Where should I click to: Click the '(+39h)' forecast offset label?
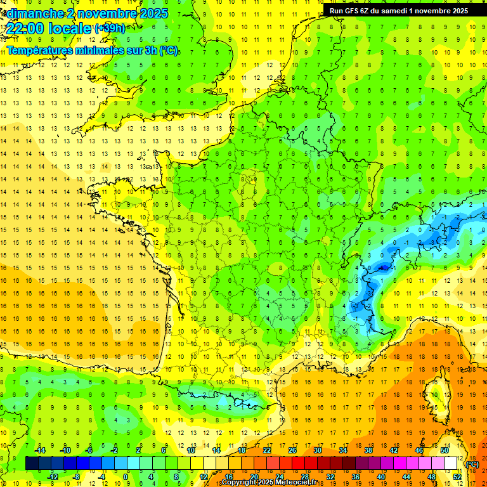point(110,28)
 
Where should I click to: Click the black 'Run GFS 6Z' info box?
point(399,10)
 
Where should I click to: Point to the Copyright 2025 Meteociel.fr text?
point(269,483)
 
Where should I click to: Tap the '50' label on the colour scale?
point(444,450)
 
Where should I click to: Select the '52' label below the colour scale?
point(457,477)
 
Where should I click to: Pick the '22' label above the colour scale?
point(267,450)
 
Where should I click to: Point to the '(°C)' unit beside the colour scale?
point(472,464)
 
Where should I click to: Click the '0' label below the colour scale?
point(126,477)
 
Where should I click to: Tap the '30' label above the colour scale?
point(318,450)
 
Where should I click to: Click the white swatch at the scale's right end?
point(450,464)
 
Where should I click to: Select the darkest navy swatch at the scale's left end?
point(32,464)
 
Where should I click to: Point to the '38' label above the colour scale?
point(368,450)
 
